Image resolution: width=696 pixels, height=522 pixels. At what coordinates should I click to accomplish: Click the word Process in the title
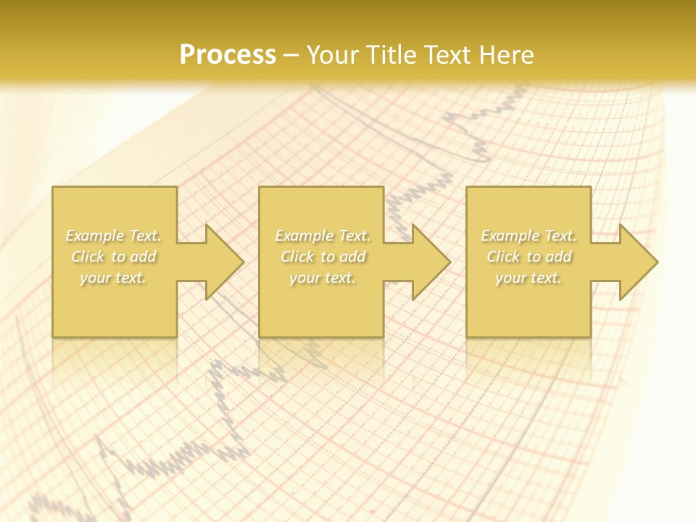[x=228, y=54]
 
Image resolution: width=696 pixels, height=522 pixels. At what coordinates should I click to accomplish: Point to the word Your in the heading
[x=334, y=54]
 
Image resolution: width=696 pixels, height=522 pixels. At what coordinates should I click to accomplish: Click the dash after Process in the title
[x=291, y=55]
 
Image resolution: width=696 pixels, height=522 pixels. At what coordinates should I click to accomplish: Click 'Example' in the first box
[x=94, y=236]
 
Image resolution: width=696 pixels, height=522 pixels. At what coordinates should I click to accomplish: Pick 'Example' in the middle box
[x=304, y=236]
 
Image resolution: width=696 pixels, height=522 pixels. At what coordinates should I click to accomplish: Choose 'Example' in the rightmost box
[x=510, y=236]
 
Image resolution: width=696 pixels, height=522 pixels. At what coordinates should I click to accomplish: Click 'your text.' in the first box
[x=114, y=278]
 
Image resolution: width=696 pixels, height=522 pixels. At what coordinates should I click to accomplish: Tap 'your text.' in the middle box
[x=322, y=278]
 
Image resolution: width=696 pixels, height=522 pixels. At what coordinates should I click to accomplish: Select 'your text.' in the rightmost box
[x=529, y=278]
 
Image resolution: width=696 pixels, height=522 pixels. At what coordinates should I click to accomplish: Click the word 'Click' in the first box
[x=88, y=257]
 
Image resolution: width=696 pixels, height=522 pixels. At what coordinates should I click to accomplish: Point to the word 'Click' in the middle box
[x=297, y=257]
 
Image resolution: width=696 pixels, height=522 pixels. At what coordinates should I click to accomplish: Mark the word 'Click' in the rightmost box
[x=503, y=257]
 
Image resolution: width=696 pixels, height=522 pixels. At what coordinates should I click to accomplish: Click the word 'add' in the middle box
[x=352, y=257]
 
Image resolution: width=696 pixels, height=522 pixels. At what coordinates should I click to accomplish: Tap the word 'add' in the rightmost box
[x=558, y=257]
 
